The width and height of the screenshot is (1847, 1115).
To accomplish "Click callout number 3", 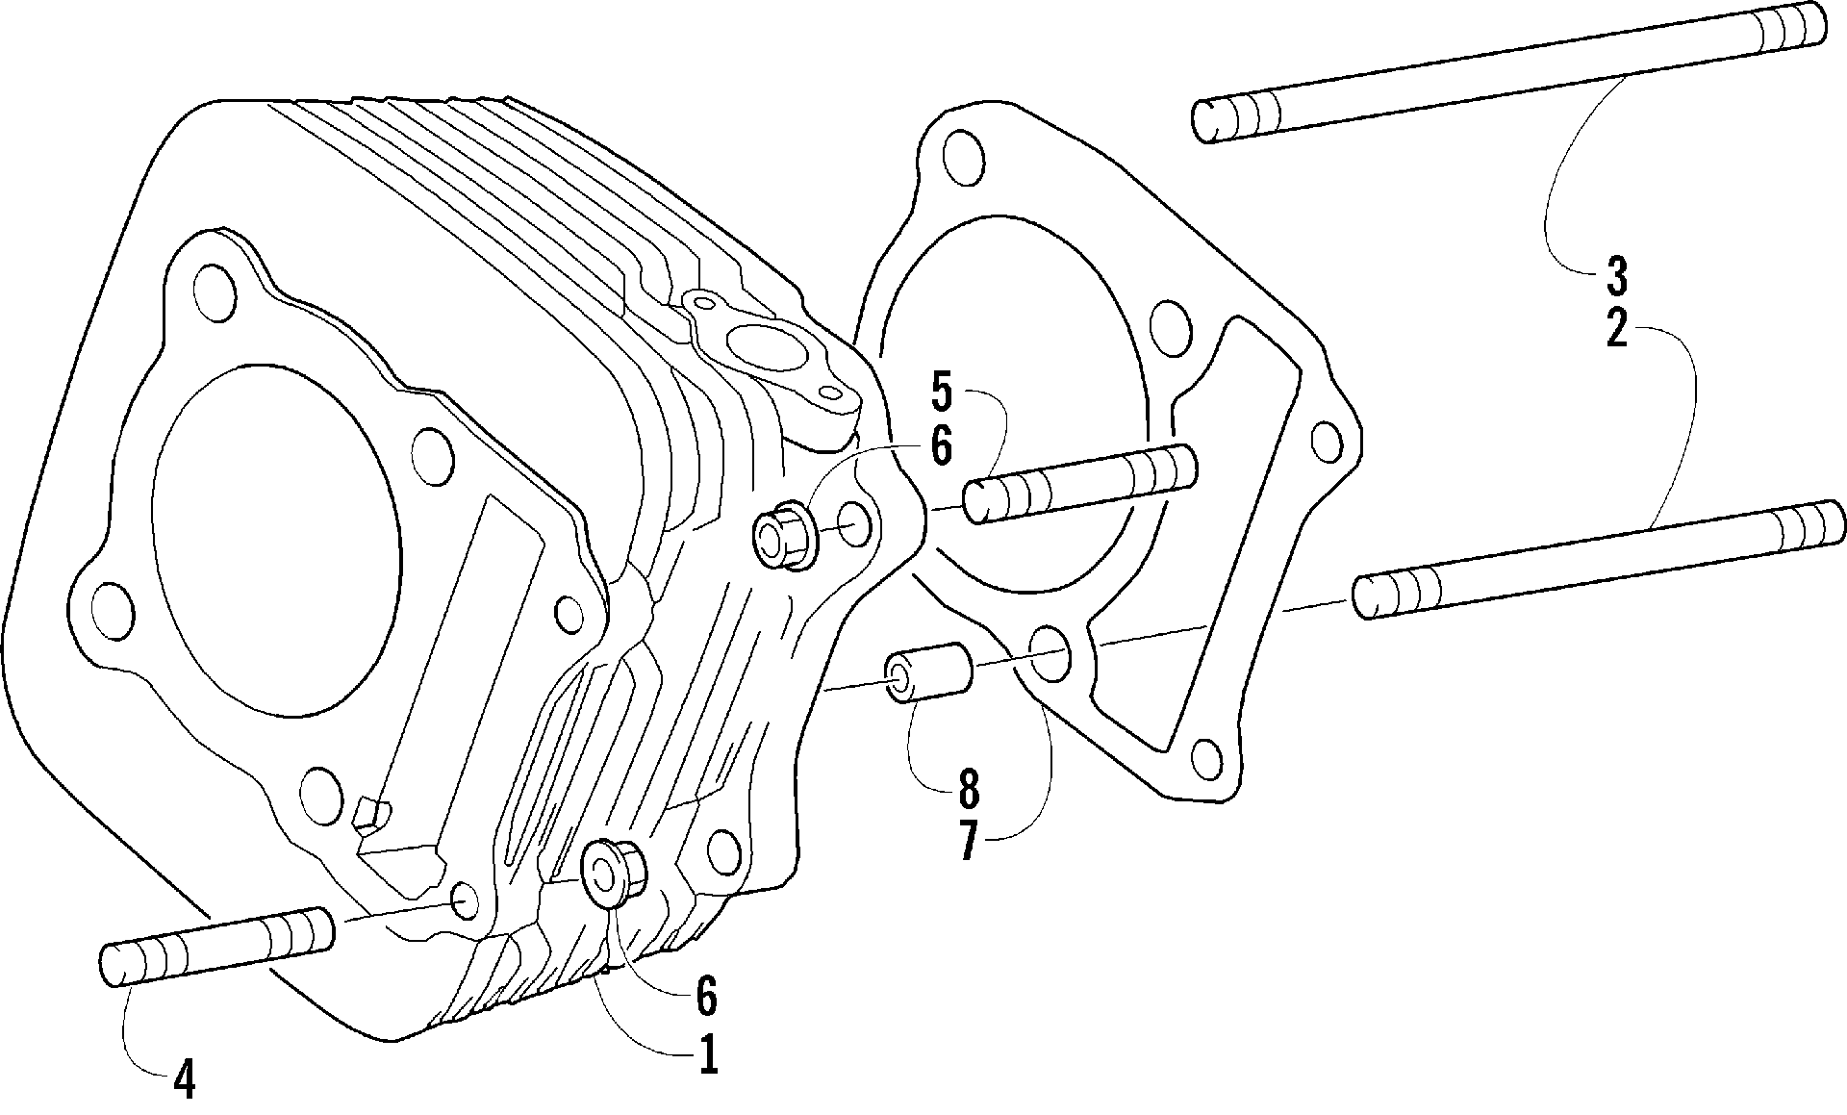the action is pyautogui.click(x=1616, y=275).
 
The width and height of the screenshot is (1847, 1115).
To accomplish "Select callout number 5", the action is pyautogui.click(x=941, y=393).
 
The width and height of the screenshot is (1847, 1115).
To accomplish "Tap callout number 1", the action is pyautogui.click(x=708, y=1055).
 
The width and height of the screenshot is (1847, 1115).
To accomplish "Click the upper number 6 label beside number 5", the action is pyautogui.click(x=941, y=445).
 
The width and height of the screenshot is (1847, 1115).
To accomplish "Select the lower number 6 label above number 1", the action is pyautogui.click(x=706, y=997).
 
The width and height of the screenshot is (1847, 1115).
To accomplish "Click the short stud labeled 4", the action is pyautogui.click(x=216, y=947).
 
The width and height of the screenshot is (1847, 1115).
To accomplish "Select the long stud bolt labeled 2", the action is pyautogui.click(x=1599, y=560).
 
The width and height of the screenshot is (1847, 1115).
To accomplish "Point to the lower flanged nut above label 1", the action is pyautogui.click(x=615, y=873).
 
